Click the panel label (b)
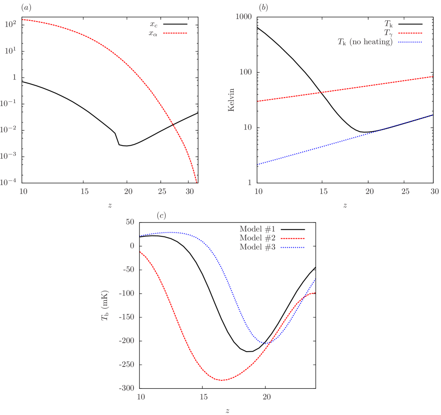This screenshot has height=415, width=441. [263, 7]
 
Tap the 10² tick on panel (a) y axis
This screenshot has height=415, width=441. [10, 24]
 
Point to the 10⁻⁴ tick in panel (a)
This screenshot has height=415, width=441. [8, 182]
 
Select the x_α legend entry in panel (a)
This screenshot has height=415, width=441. [153, 33]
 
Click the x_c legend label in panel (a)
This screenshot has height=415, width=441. [153, 25]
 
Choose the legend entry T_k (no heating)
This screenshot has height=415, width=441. [365, 42]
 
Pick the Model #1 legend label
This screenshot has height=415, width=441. [257, 229]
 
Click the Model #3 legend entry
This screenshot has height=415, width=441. [257, 247]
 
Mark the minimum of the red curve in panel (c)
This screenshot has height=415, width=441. [222, 380]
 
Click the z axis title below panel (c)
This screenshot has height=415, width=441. [227, 410]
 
